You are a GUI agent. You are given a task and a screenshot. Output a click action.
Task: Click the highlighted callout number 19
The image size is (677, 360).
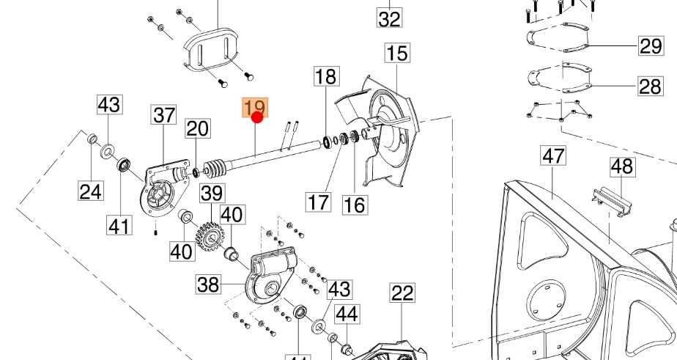256,108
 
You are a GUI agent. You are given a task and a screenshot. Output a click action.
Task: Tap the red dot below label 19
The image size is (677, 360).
256,117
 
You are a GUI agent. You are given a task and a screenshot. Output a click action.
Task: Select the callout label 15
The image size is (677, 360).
397,54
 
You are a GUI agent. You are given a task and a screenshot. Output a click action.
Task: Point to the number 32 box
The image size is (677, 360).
390,18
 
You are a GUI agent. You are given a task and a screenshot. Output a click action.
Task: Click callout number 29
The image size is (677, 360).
650,46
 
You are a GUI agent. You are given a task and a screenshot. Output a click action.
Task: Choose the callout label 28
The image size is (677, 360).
650,87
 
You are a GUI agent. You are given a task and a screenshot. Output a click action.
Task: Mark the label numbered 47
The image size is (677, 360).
554,156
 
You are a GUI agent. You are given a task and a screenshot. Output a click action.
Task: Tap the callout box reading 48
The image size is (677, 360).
621,166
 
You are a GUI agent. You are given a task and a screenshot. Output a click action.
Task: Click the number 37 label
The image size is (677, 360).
164,115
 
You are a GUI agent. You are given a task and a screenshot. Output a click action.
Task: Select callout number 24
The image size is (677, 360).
90,192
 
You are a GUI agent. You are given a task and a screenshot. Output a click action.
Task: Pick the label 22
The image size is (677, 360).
402,294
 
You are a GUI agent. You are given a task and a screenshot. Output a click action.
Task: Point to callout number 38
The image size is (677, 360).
208,284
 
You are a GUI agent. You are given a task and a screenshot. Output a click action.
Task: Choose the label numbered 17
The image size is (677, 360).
319,201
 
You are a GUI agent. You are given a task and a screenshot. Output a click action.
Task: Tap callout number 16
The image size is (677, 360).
355,204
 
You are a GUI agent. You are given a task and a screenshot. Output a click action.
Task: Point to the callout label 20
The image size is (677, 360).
196,130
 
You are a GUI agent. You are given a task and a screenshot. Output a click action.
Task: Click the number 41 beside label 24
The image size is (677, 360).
119,225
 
